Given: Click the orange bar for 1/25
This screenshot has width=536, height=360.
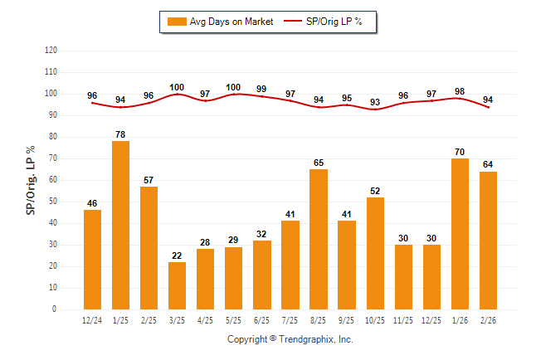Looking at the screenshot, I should click(x=120, y=225).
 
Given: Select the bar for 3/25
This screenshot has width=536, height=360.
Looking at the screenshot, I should click(x=177, y=285).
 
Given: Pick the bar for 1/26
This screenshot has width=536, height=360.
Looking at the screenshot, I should click(x=459, y=234).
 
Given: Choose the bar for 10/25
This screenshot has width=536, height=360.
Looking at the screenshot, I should click(x=374, y=253).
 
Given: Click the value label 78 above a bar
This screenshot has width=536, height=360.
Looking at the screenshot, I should click(x=120, y=134).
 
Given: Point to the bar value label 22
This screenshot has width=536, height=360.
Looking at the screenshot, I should click(x=177, y=255).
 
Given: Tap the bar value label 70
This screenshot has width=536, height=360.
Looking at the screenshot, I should click(x=459, y=152).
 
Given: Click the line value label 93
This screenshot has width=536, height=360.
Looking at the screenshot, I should click(x=375, y=102).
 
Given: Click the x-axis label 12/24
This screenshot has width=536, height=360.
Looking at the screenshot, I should click(x=92, y=321).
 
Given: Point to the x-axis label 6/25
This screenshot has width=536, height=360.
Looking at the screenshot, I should click(x=261, y=321).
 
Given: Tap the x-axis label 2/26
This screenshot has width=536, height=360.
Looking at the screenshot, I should click(x=487, y=321).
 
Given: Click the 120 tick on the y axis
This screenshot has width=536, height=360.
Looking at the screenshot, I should click(x=51, y=51).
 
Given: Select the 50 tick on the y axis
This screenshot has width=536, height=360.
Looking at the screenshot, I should click(x=53, y=202).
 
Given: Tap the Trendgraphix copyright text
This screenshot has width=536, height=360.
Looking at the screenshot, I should click(x=290, y=339).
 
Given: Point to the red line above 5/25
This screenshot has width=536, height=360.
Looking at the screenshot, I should click(x=233, y=94).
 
